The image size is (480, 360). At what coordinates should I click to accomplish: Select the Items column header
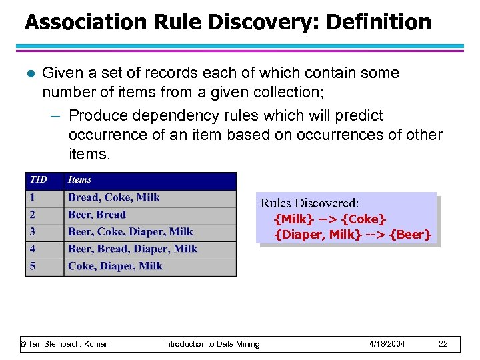(79, 179)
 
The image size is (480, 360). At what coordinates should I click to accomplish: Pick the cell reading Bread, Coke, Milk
(114, 197)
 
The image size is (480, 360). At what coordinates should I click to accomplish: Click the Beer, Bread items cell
(97, 215)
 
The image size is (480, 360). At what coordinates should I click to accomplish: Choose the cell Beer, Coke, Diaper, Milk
(130, 232)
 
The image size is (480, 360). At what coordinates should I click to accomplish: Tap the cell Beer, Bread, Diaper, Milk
(133, 249)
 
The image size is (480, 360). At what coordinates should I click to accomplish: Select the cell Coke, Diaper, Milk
(115, 266)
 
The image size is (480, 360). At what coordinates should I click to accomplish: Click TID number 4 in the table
(33, 249)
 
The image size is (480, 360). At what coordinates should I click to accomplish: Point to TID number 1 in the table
(32, 197)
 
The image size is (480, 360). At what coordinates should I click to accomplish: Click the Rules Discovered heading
(309, 203)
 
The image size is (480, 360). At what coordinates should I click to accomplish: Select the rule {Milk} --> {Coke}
(330, 219)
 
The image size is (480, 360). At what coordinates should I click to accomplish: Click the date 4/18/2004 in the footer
(387, 344)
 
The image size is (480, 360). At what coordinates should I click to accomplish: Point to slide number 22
(443, 344)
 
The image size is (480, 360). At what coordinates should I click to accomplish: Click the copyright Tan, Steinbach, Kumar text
(64, 344)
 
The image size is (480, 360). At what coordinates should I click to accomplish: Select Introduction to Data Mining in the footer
(212, 344)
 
